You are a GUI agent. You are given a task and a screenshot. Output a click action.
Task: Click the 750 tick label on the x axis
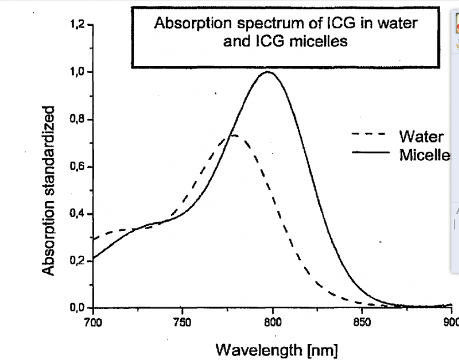(182, 322)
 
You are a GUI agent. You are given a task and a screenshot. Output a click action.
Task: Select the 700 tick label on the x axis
(92, 322)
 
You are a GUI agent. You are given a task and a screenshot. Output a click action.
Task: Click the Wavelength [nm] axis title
(277, 348)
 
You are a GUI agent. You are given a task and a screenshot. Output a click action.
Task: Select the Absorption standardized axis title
(50, 190)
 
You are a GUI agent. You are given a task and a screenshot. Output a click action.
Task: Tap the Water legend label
(421, 137)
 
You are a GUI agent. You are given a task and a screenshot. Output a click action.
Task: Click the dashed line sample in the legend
(369, 136)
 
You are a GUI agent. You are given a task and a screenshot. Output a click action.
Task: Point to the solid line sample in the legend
(369, 153)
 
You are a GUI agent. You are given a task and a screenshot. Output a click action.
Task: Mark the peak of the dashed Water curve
(234, 136)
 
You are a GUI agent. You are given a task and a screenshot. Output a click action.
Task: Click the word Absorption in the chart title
(184, 25)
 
